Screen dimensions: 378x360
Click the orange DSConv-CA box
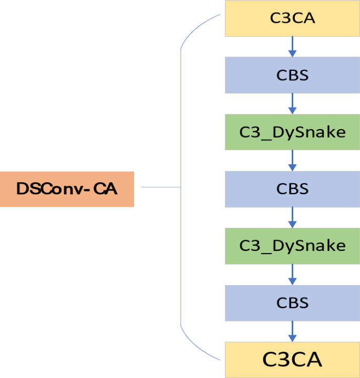[x=67, y=189]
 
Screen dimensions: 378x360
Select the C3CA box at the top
[x=292, y=18]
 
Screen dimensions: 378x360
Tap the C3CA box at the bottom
[x=292, y=360]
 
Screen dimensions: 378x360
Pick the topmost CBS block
[x=292, y=75]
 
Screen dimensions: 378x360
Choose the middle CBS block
[x=292, y=189]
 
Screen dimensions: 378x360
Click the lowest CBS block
[x=292, y=303]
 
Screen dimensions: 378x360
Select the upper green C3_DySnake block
[x=292, y=132]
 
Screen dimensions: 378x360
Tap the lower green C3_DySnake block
[x=292, y=246]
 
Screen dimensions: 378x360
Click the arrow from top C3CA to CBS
[x=293, y=47]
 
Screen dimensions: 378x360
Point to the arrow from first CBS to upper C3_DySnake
[x=293, y=103]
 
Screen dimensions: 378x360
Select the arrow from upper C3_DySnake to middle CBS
[x=293, y=160]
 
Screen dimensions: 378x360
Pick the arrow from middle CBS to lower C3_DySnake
[x=293, y=217]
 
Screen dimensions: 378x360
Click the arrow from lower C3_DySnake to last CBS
[x=293, y=274]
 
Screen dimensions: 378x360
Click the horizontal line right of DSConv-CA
[x=161, y=187]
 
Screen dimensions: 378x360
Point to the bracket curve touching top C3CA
[x=197, y=27]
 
